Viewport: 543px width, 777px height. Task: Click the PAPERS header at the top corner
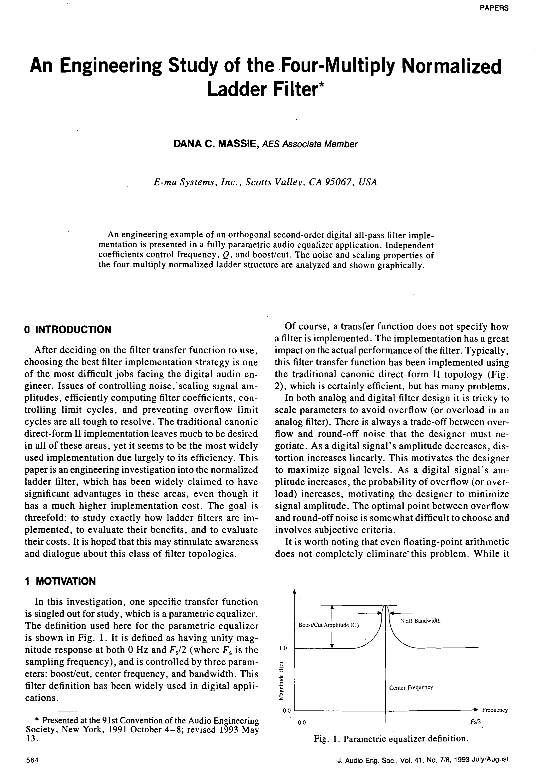[494, 8]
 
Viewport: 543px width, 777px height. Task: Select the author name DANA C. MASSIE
[216, 144]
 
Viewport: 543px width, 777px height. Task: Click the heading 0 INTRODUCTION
[68, 330]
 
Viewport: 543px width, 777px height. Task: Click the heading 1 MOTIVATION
[60, 581]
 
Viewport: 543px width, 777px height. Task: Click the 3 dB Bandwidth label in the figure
[421, 621]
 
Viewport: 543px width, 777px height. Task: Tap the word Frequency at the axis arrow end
[495, 710]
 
